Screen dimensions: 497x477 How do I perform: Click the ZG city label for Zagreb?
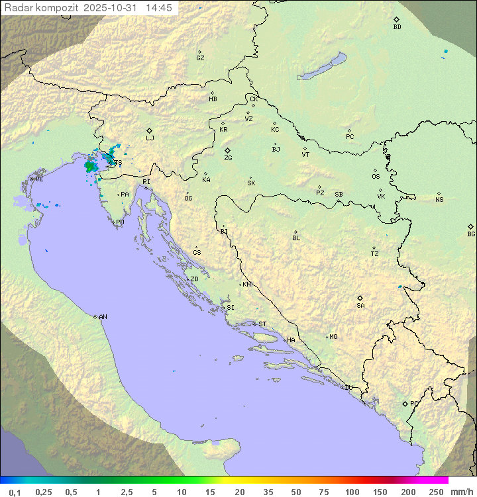[x=228, y=158]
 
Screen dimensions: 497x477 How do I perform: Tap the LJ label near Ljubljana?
[x=150, y=138]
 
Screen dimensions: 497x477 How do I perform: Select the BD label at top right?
[x=397, y=27]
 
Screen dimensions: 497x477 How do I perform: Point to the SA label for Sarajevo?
[x=360, y=305]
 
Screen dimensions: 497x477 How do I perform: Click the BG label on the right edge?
[x=471, y=234]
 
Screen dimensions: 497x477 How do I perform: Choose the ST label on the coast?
[x=262, y=324]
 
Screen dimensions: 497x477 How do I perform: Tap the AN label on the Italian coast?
[x=103, y=317]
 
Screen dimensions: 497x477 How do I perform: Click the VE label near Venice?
[x=39, y=179]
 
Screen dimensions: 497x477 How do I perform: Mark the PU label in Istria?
[x=120, y=222]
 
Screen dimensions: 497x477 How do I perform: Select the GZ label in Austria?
[x=200, y=58]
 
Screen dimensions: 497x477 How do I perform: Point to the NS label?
[x=439, y=200]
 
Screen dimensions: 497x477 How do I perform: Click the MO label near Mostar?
[x=333, y=336]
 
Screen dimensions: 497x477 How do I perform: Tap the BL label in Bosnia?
[x=296, y=238]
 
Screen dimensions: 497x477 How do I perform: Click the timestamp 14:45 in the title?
[x=159, y=8]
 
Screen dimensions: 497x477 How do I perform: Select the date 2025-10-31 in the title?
[x=112, y=8]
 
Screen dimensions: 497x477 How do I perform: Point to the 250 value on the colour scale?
[x=436, y=492]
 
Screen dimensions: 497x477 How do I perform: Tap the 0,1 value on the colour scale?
[x=15, y=492]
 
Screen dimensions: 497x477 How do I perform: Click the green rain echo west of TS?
[x=90, y=165]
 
